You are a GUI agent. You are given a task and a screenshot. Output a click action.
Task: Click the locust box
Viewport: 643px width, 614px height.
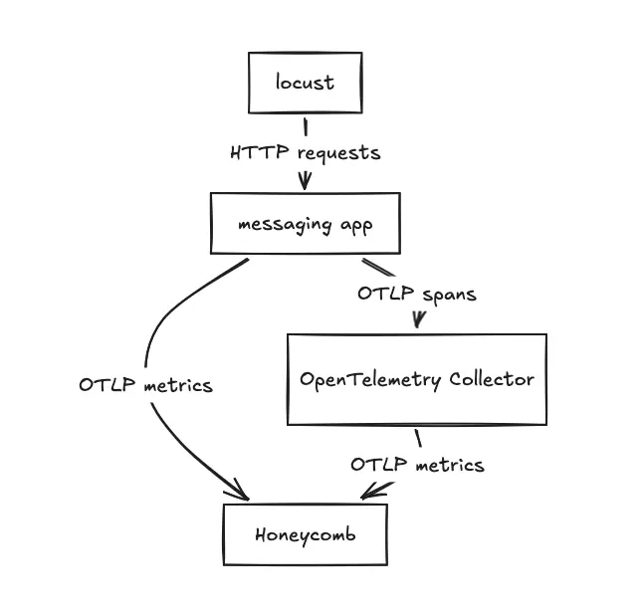[305, 83]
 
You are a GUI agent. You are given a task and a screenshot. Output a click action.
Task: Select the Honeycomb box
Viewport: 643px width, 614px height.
[305, 534]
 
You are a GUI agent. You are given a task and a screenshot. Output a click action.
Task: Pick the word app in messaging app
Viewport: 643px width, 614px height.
[355, 225]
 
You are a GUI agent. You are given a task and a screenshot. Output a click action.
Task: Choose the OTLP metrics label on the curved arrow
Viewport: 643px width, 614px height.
[145, 385]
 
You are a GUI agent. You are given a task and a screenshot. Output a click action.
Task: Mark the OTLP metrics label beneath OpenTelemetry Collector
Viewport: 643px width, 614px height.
[417, 465]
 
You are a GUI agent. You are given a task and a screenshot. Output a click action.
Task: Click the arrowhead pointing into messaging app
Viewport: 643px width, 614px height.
[305, 181]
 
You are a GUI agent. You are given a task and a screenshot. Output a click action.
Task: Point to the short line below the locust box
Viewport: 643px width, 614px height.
[305, 126]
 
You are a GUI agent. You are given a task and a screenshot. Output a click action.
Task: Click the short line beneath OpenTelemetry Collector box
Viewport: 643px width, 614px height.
[418, 438]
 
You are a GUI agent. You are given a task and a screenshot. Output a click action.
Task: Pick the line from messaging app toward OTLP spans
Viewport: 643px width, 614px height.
[378, 269]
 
